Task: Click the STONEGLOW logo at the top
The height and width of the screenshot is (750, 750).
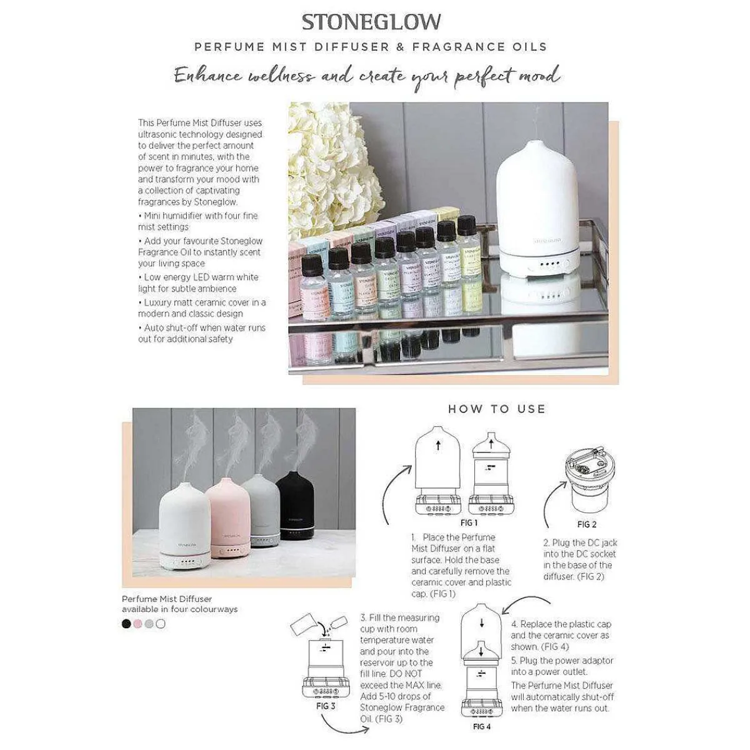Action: point(371,22)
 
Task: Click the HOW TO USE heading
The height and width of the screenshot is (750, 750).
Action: point(497,409)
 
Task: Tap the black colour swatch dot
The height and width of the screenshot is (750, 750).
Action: point(127,623)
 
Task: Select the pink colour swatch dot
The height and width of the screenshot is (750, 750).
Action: point(138,623)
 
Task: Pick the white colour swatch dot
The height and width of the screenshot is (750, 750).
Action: point(161,623)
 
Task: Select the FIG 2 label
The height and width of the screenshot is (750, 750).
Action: point(586,524)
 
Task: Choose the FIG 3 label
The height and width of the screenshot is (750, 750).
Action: point(326,706)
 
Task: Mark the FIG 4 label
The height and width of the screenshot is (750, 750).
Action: point(481,726)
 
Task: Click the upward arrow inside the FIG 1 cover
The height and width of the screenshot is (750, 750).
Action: point(438,446)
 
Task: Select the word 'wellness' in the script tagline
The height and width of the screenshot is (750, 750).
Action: point(281,76)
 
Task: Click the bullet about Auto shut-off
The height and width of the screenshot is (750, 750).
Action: point(201,333)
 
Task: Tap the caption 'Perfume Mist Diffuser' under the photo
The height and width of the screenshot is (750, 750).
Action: point(167,599)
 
